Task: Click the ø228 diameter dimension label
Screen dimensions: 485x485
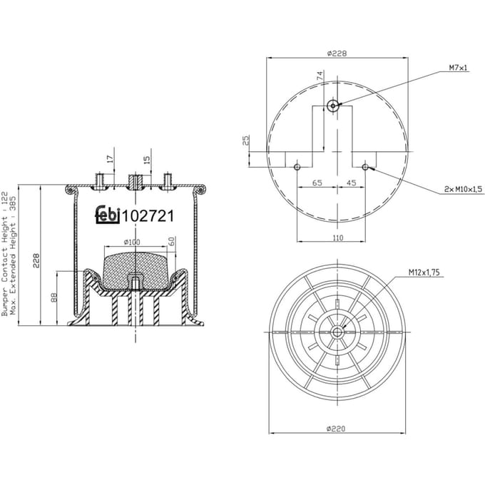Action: coord(337,53)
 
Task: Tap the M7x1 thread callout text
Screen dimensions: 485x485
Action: coord(458,68)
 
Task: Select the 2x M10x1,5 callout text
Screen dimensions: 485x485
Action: coord(463,189)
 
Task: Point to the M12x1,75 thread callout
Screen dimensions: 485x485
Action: coord(424,272)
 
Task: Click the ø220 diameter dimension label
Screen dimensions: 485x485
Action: coord(336,429)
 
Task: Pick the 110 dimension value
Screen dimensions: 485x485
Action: coord(338,238)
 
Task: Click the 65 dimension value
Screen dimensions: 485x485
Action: coord(317,183)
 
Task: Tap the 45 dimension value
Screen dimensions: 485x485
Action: coord(351,183)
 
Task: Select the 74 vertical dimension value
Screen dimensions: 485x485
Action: coord(320,76)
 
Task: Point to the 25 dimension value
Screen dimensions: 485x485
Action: coord(245,141)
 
